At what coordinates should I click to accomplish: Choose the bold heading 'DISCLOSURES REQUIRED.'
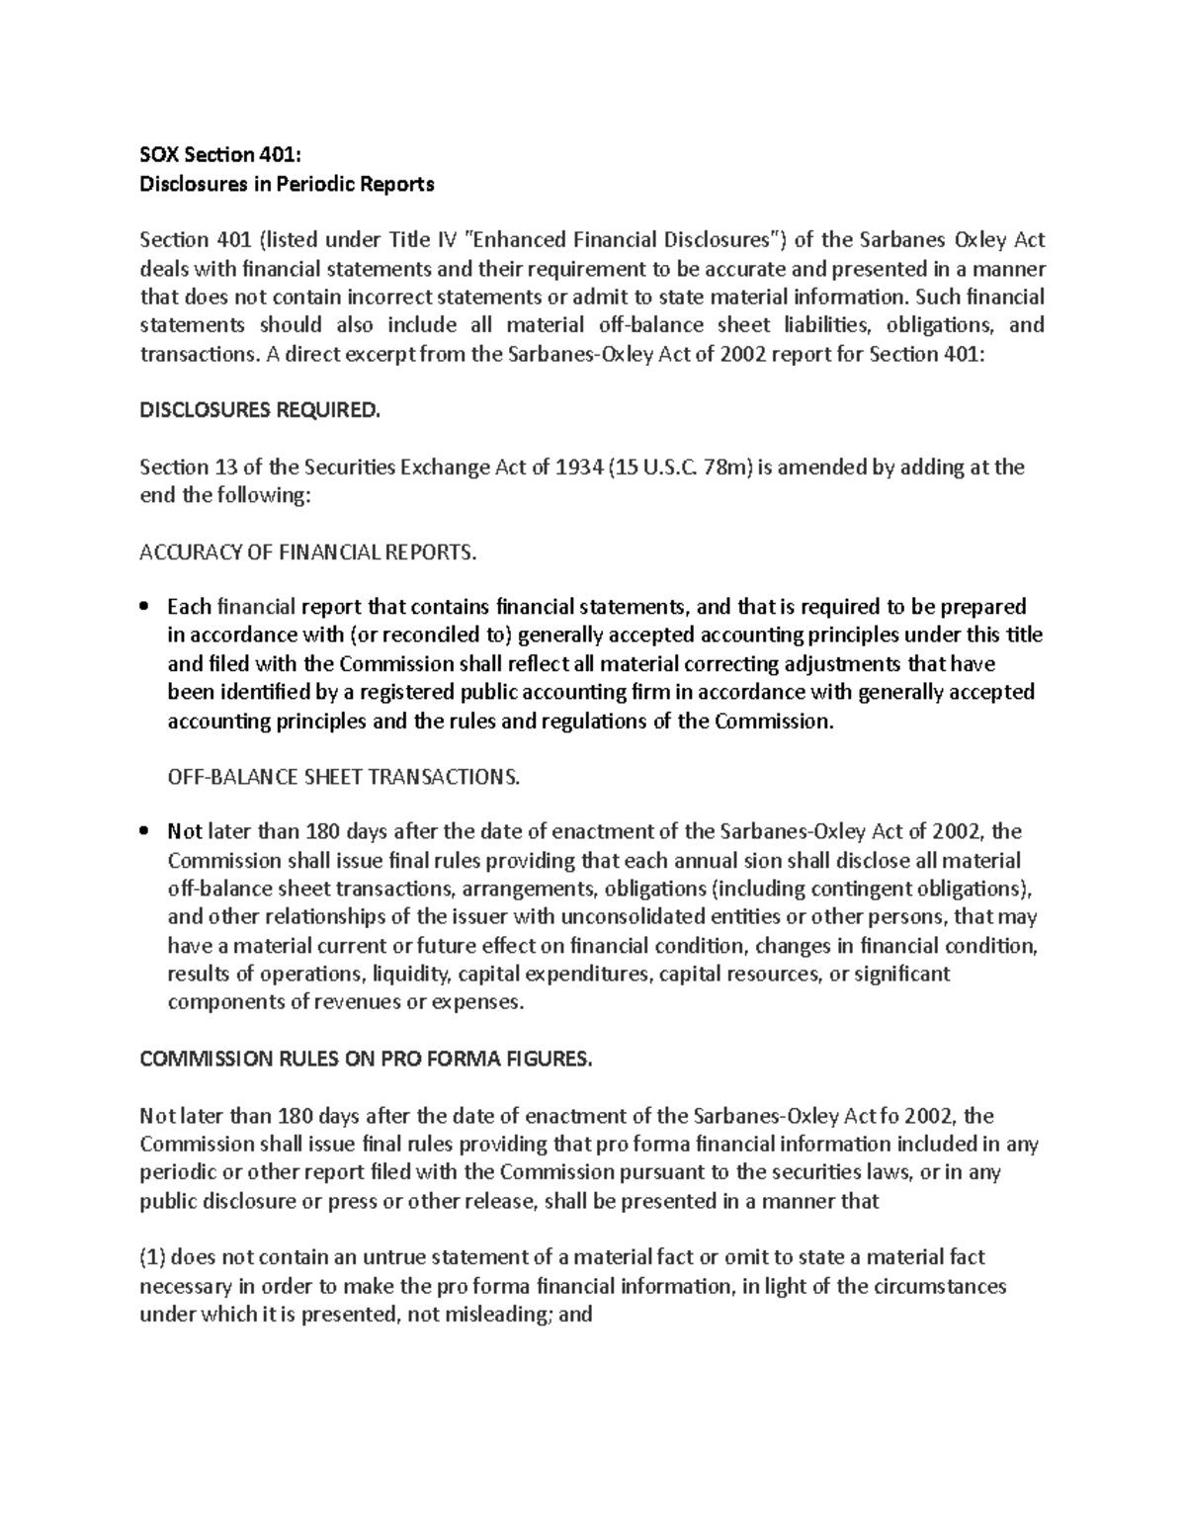point(259,410)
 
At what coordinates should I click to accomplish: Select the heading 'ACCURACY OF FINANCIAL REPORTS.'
point(308,553)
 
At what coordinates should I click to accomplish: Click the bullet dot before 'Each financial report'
point(145,607)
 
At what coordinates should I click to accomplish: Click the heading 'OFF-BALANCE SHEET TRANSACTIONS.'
point(343,777)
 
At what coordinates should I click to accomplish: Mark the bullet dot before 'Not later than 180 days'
point(145,831)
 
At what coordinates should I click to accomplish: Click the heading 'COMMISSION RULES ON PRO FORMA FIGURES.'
point(366,1059)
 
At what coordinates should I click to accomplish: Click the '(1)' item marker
point(154,1258)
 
